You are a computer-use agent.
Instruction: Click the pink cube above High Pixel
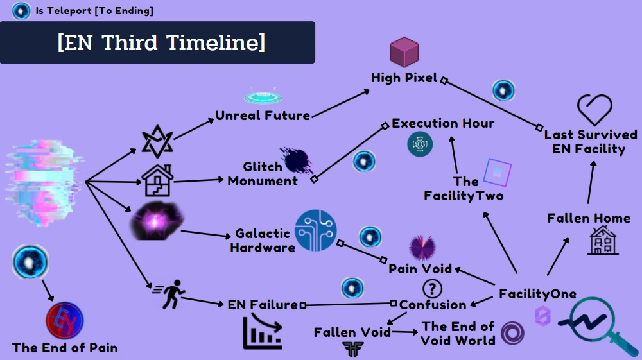pyautogui.click(x=404, y=51)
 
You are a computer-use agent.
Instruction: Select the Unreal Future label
pyautogui.click(x=263, y=116)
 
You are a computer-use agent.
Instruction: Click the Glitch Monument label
pyautogui.click(x=263, y=174)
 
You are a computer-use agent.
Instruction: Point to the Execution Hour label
pyautogui.click(x=443, y=123)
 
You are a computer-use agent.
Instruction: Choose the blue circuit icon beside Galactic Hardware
pyautogui.click(x=316, y=230)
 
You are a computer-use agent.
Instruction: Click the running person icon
pyautogui.click(x=169, y=294)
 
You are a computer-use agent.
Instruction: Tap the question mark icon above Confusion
pyautogui.click(x=432, y=289)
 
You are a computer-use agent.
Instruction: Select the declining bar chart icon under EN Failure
pyautogui.click(x=263, y=331)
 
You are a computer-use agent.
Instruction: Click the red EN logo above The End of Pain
pyautogui.click(x=65, y=320)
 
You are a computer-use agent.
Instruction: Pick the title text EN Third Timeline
pyautogui.click(x=161, y=42)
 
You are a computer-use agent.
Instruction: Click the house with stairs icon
pyautogui.click(x=157, y=180)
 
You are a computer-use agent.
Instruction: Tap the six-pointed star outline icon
pyautogui.click(x=157, y=142)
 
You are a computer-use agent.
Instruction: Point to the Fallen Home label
pyautogui.click(x=589, y=218)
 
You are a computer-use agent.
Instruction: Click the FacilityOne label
pyautogui.click(x=537, y=294)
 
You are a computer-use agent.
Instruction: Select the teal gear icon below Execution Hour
pyautogui.click(x=420, y=144)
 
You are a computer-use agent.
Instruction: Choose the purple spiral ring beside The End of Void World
pyautogui.click(x=512, y=332)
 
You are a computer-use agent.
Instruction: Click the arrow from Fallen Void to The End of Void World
pyautogui.click(x=405, y=332)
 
